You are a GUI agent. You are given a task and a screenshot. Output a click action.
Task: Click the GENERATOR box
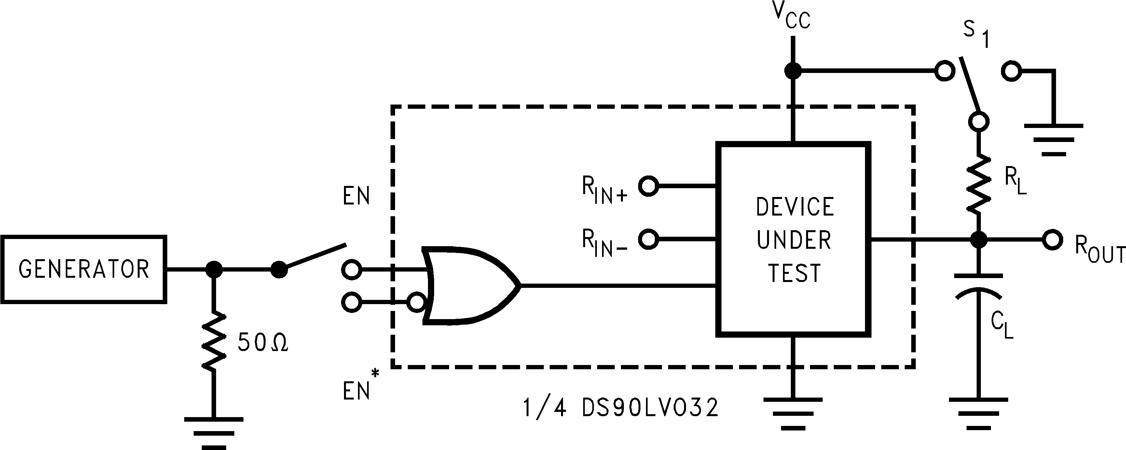83,269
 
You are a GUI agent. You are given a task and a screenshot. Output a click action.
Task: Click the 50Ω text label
263,343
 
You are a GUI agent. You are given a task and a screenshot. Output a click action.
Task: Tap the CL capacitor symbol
978,287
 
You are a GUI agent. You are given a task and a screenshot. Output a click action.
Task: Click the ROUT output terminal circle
1052,240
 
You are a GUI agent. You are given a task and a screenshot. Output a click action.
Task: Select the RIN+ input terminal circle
648,186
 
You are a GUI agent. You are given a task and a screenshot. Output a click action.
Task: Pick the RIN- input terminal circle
648,239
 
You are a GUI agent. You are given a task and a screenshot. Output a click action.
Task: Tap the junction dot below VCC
792,70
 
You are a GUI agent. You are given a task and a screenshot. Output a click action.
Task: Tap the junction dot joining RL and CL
979,240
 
